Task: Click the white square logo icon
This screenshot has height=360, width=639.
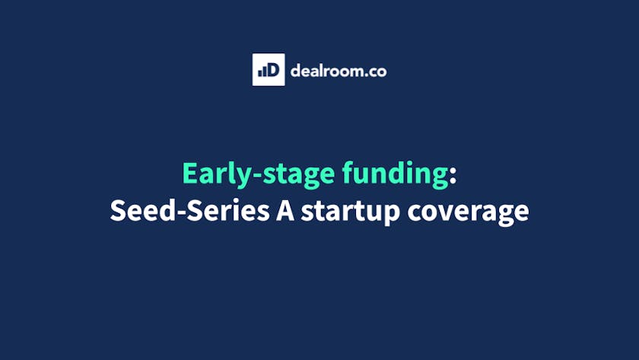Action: [x=269, y=70]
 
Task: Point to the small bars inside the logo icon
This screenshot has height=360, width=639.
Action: [x=262, y=72]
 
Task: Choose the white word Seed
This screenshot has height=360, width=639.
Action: [x=143, y=210]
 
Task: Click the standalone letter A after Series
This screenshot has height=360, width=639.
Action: [x=285, y=210]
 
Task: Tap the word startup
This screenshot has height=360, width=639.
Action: [x=351, y=212]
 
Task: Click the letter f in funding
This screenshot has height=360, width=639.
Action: [x=349, y=173]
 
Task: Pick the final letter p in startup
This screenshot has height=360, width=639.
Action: [x=392, y=215]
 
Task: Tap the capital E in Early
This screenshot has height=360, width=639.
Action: [x=189, y=173]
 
